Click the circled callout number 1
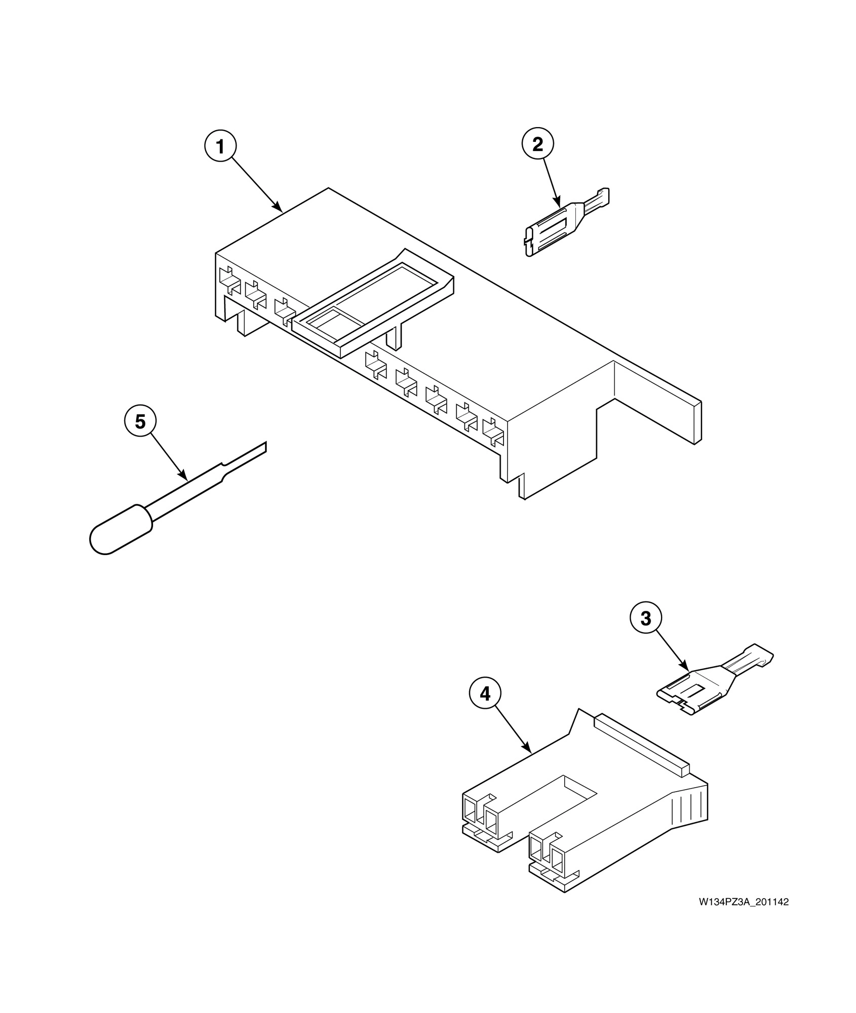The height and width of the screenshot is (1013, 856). pyautogui.click(x=220, y=146)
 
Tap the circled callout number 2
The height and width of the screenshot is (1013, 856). pyautogui.click(x=537, y=144)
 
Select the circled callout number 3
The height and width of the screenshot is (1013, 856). pyautogui.click(x=645, y=618)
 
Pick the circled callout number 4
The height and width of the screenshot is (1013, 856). pyautogui.click(x=485, y=694)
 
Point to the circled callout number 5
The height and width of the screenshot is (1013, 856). pyautogui.click(x=140, y=422)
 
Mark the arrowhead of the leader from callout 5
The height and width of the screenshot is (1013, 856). pyautogui.click(x=185, y=478)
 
